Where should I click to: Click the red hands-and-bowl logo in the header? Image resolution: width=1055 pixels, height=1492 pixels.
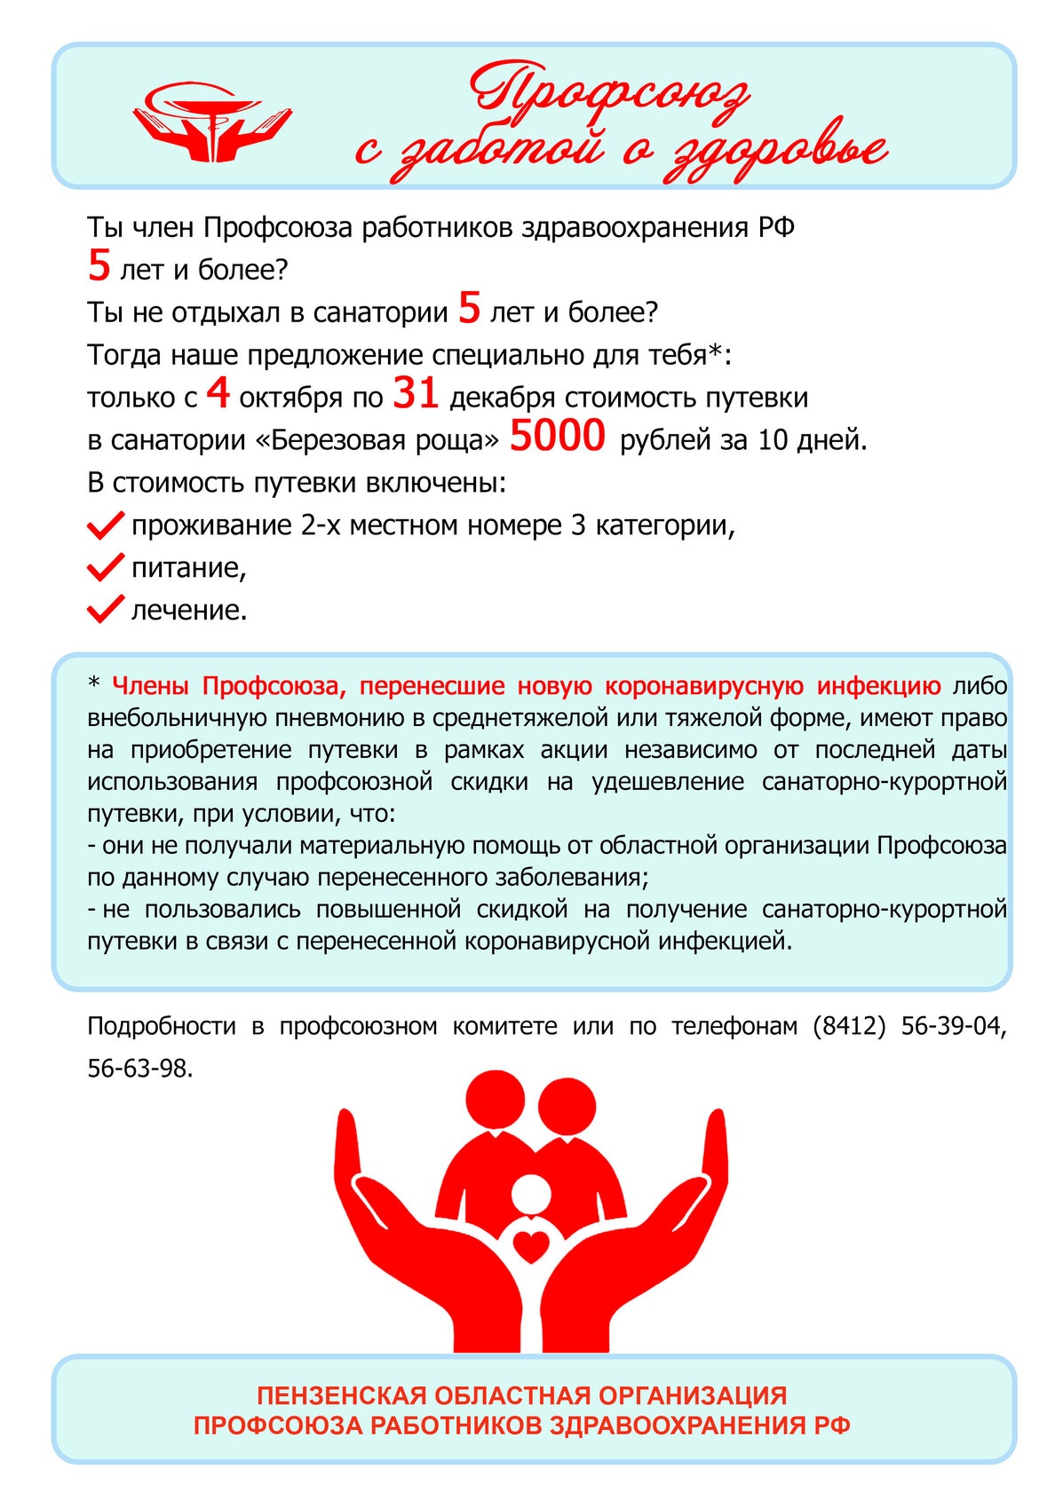pos(212,122)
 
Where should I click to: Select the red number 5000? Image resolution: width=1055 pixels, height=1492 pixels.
pos(558,436)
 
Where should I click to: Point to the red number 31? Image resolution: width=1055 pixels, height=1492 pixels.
pos(416,393)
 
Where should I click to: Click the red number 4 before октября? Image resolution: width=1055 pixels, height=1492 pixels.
pos(218,393)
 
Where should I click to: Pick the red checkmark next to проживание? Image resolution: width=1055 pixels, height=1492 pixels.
pos(105,525)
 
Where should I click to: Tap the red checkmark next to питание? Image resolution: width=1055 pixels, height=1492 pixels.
pos(105,567)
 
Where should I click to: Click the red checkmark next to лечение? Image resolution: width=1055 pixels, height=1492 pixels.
pos(105,610)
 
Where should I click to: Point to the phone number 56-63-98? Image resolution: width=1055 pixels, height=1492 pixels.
pos(139,1068)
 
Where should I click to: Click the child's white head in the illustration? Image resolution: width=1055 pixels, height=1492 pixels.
pos(531,1193)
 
